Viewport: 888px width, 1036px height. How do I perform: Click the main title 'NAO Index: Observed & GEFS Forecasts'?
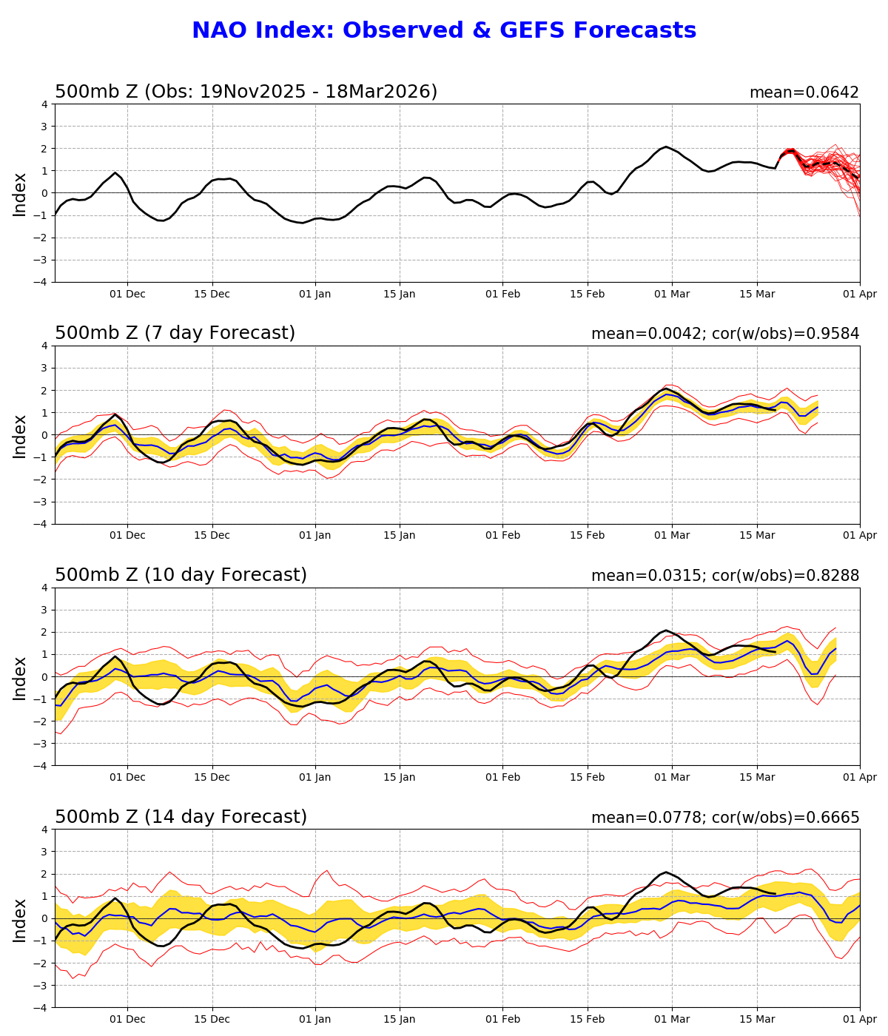[x=444, y=30]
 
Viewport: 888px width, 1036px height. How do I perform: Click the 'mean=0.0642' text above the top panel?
[x=804, y=92]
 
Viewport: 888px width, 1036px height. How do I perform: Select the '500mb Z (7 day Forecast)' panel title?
[x=175, y=333]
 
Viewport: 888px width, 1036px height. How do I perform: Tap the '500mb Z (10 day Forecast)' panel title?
[x=181, y=575]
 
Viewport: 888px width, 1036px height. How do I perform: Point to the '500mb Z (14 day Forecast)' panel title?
[x=181, y=817]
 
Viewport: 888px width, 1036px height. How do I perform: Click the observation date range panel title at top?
[x=246, y=92]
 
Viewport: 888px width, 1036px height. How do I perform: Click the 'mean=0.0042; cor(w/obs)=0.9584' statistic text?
[x=724, y=334]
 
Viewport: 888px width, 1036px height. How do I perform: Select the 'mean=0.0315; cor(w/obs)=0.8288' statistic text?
[x=724, y=576]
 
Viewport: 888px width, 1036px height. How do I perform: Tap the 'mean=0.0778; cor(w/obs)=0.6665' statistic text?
[x=724, y=818]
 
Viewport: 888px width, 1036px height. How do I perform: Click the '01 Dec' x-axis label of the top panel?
[x=127, y=294]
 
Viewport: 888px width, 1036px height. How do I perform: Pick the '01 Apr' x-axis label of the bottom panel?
[x=859, y=1019]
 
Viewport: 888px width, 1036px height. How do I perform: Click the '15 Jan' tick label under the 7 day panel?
[x=400, y=536]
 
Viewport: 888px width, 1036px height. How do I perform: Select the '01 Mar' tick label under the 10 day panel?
[x=672, y=777]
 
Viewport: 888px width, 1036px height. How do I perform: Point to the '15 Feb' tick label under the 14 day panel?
[x=588, y=1019]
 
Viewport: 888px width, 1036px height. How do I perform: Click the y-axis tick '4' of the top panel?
[x=45, y=104]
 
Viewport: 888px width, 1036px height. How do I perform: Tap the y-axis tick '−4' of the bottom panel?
[x=41, y=1007]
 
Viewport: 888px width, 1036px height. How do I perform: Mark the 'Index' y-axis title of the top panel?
[x=20, y=194]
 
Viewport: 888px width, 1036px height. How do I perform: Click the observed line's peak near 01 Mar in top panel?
[x=666, y=147]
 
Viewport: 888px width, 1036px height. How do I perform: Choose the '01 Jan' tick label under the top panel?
[x=315, y=294]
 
